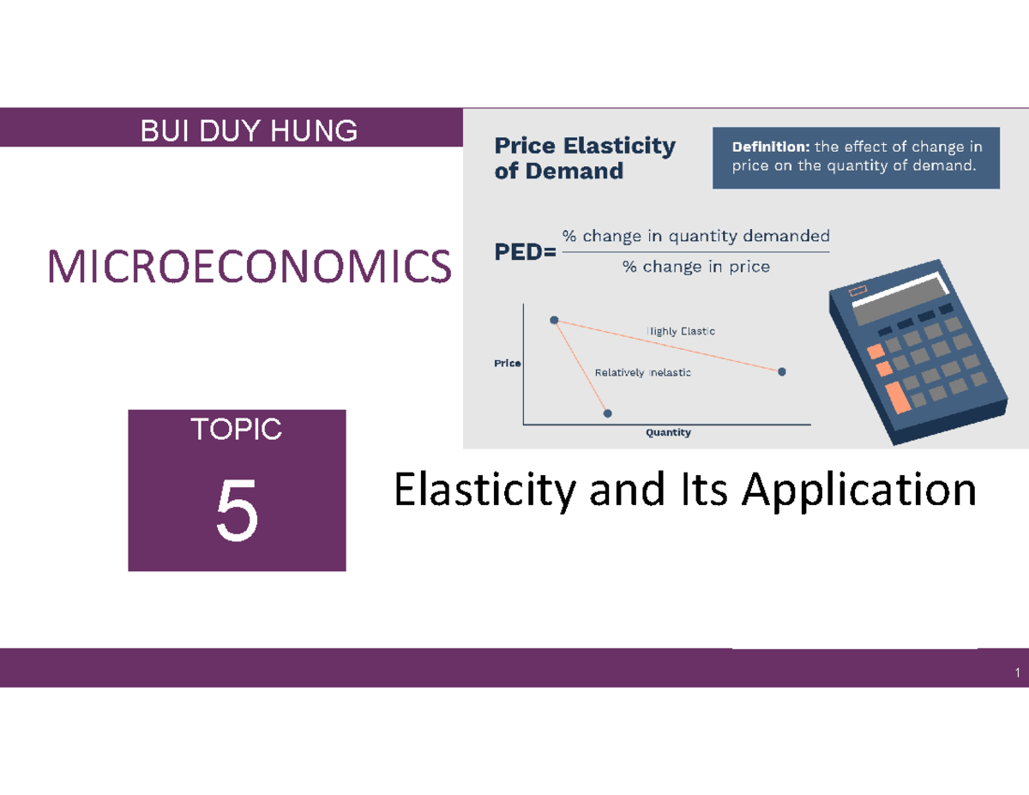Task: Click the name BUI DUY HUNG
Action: click(x=249, y=131)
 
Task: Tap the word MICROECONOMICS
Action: click(x=250, y=267)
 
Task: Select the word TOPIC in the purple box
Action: click(x=238, y=430)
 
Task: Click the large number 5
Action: click(x=237, y=512)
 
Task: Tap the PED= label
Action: click(x=523, y=253)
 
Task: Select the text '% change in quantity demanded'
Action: click(x=695, y=236)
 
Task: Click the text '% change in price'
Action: click(x=695, y=267)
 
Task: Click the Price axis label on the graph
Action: click(x=507, y=364)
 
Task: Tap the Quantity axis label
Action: click(x=668, y=433)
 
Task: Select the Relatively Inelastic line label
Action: click(x=642, y=372)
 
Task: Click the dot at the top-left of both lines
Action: click(x=554, y=320)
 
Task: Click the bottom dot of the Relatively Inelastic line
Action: click(x=608, y=413)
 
